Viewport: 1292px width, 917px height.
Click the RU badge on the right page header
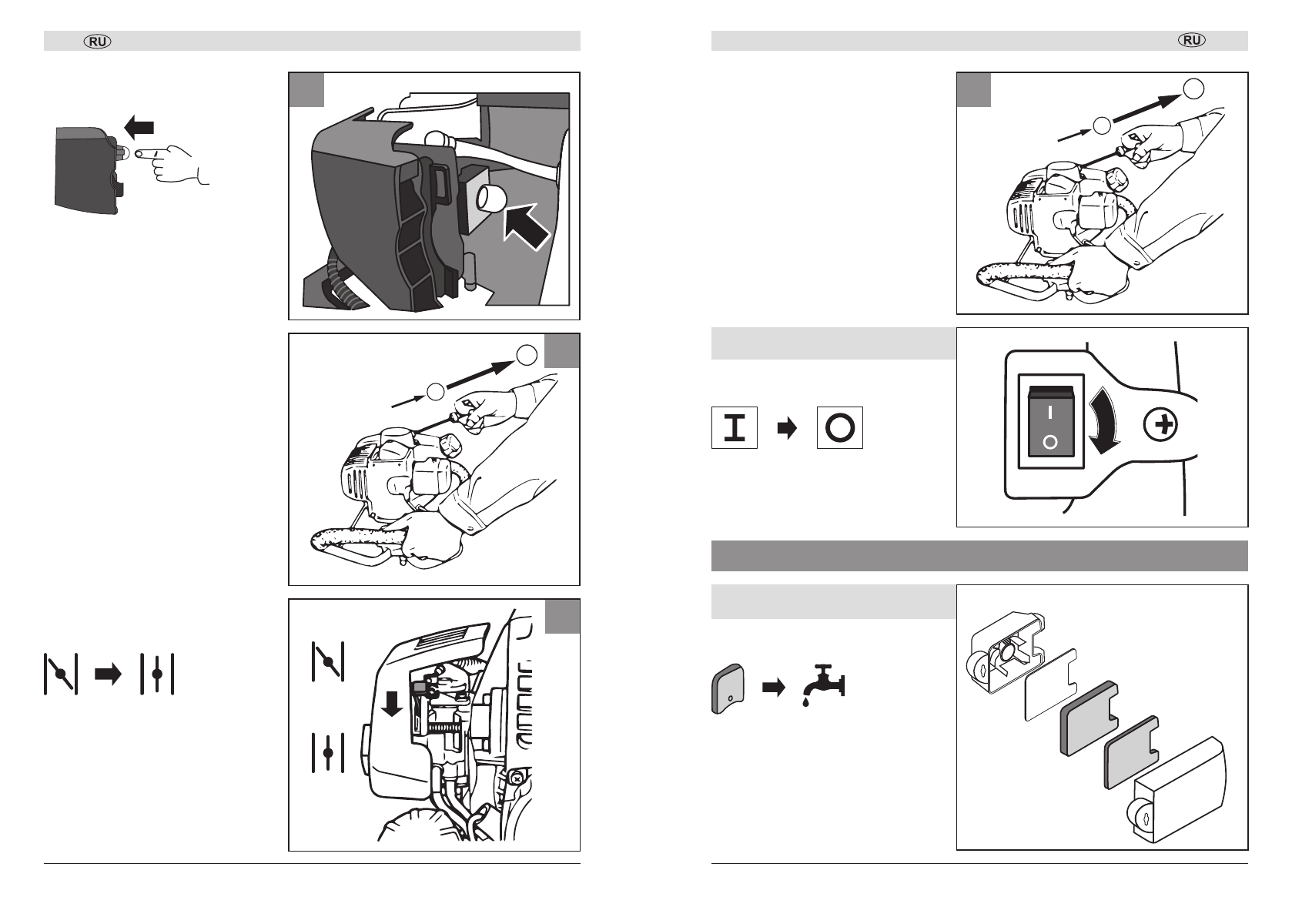click(1192, 41)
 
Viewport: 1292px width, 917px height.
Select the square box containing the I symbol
click(735, 428)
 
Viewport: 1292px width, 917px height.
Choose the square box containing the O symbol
click(839, 428)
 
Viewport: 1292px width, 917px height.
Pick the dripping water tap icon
click(822, 681)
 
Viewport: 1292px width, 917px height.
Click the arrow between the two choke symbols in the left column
click(109, 674)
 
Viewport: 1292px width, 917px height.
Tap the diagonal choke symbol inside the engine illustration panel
click(328, 661)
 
